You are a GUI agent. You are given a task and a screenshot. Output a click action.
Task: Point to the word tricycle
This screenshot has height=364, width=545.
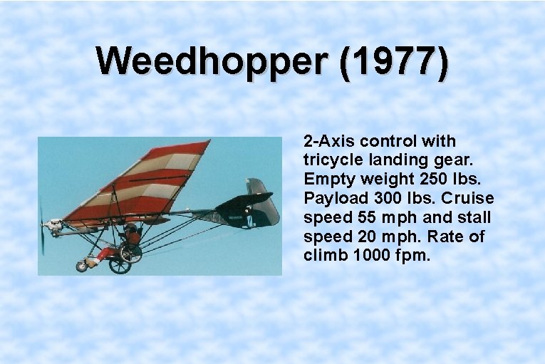(x=331, y=160)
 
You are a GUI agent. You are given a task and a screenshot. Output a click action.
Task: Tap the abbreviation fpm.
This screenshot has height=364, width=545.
(x=415, y=255)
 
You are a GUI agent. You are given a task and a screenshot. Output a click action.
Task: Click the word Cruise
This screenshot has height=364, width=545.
(x=469, y=198)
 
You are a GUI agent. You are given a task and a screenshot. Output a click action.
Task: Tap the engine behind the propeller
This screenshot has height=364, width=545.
(x=54, y=225)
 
